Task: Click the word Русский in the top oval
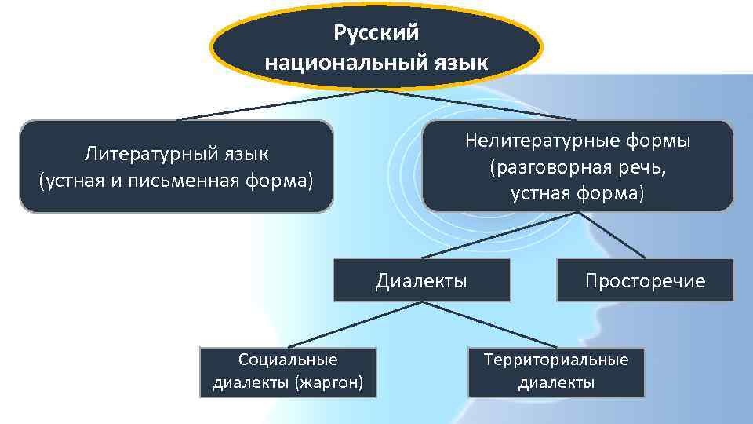tap(376, 33)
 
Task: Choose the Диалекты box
tap(421, 280)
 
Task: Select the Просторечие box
tap(645, 280)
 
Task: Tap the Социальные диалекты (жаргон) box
tap(288, 371)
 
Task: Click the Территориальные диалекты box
tap(556, 371)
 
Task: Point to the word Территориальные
tap(556, 360)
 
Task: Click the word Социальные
tap(288, 360)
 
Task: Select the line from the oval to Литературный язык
tap(275, 105)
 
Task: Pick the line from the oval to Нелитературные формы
tap(478, 105)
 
